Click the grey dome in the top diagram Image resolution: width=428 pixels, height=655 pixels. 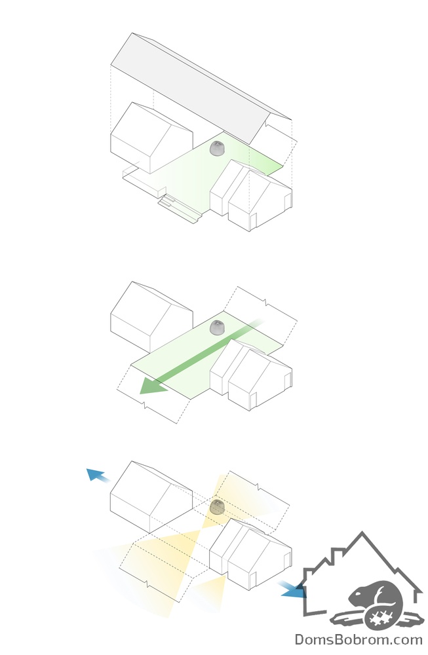click(218, 148)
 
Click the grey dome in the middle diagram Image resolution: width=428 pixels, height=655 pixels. click(218, 327)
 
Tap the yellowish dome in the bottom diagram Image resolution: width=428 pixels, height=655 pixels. click(218, 507)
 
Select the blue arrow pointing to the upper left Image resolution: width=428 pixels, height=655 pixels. click(98, 476)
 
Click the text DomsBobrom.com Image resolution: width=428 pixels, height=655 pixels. click(359, 639)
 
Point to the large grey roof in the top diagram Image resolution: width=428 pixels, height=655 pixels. click(201, 88)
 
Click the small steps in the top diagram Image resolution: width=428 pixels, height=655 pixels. click(167, 203)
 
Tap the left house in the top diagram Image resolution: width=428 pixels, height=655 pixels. click(151, 138)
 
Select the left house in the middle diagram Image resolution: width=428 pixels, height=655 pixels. click(151, 317)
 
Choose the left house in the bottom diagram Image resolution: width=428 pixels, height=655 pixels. click(151, 496)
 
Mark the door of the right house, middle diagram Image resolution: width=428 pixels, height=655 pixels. click(253, 400)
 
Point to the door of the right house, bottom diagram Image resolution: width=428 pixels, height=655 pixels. click(253, 580)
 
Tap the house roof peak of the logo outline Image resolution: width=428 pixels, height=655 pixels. click(362, 533)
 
